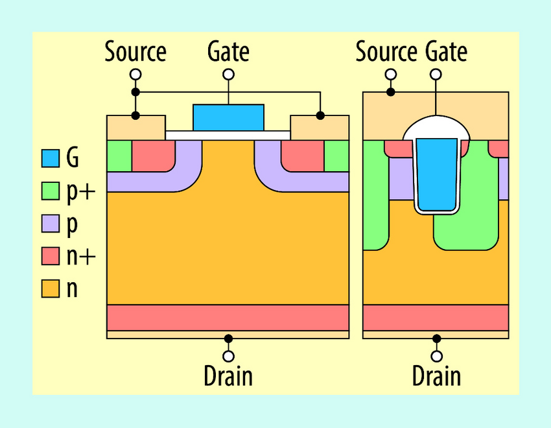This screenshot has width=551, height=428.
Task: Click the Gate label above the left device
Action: (228, 51)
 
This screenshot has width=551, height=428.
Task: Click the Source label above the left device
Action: (135, 51)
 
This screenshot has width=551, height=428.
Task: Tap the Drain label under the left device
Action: (228, 376)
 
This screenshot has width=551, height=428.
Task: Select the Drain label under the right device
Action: (437, 376)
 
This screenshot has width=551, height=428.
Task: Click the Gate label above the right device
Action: (447, 51)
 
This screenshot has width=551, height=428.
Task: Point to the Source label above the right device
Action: (387, 51)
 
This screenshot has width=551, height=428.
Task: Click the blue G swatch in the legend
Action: (50, 158)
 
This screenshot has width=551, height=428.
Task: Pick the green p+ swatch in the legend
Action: (50, 191)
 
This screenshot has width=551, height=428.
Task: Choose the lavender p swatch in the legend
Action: (50, 223)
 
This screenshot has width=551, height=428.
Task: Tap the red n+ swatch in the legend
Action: (50, 256)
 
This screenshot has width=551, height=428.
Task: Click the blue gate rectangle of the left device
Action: (228, 117)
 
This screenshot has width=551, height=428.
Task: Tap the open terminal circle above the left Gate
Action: (228, 75)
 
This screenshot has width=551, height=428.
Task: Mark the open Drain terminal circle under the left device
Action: (228, 357)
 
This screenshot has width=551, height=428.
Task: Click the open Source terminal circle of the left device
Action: (135, 75)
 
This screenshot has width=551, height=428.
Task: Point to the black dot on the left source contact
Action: (135, 115)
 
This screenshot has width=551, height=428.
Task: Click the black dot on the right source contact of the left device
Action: (320, 115)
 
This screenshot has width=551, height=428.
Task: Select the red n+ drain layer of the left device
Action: (228, 317)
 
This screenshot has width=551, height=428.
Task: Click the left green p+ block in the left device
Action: (119, 156)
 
